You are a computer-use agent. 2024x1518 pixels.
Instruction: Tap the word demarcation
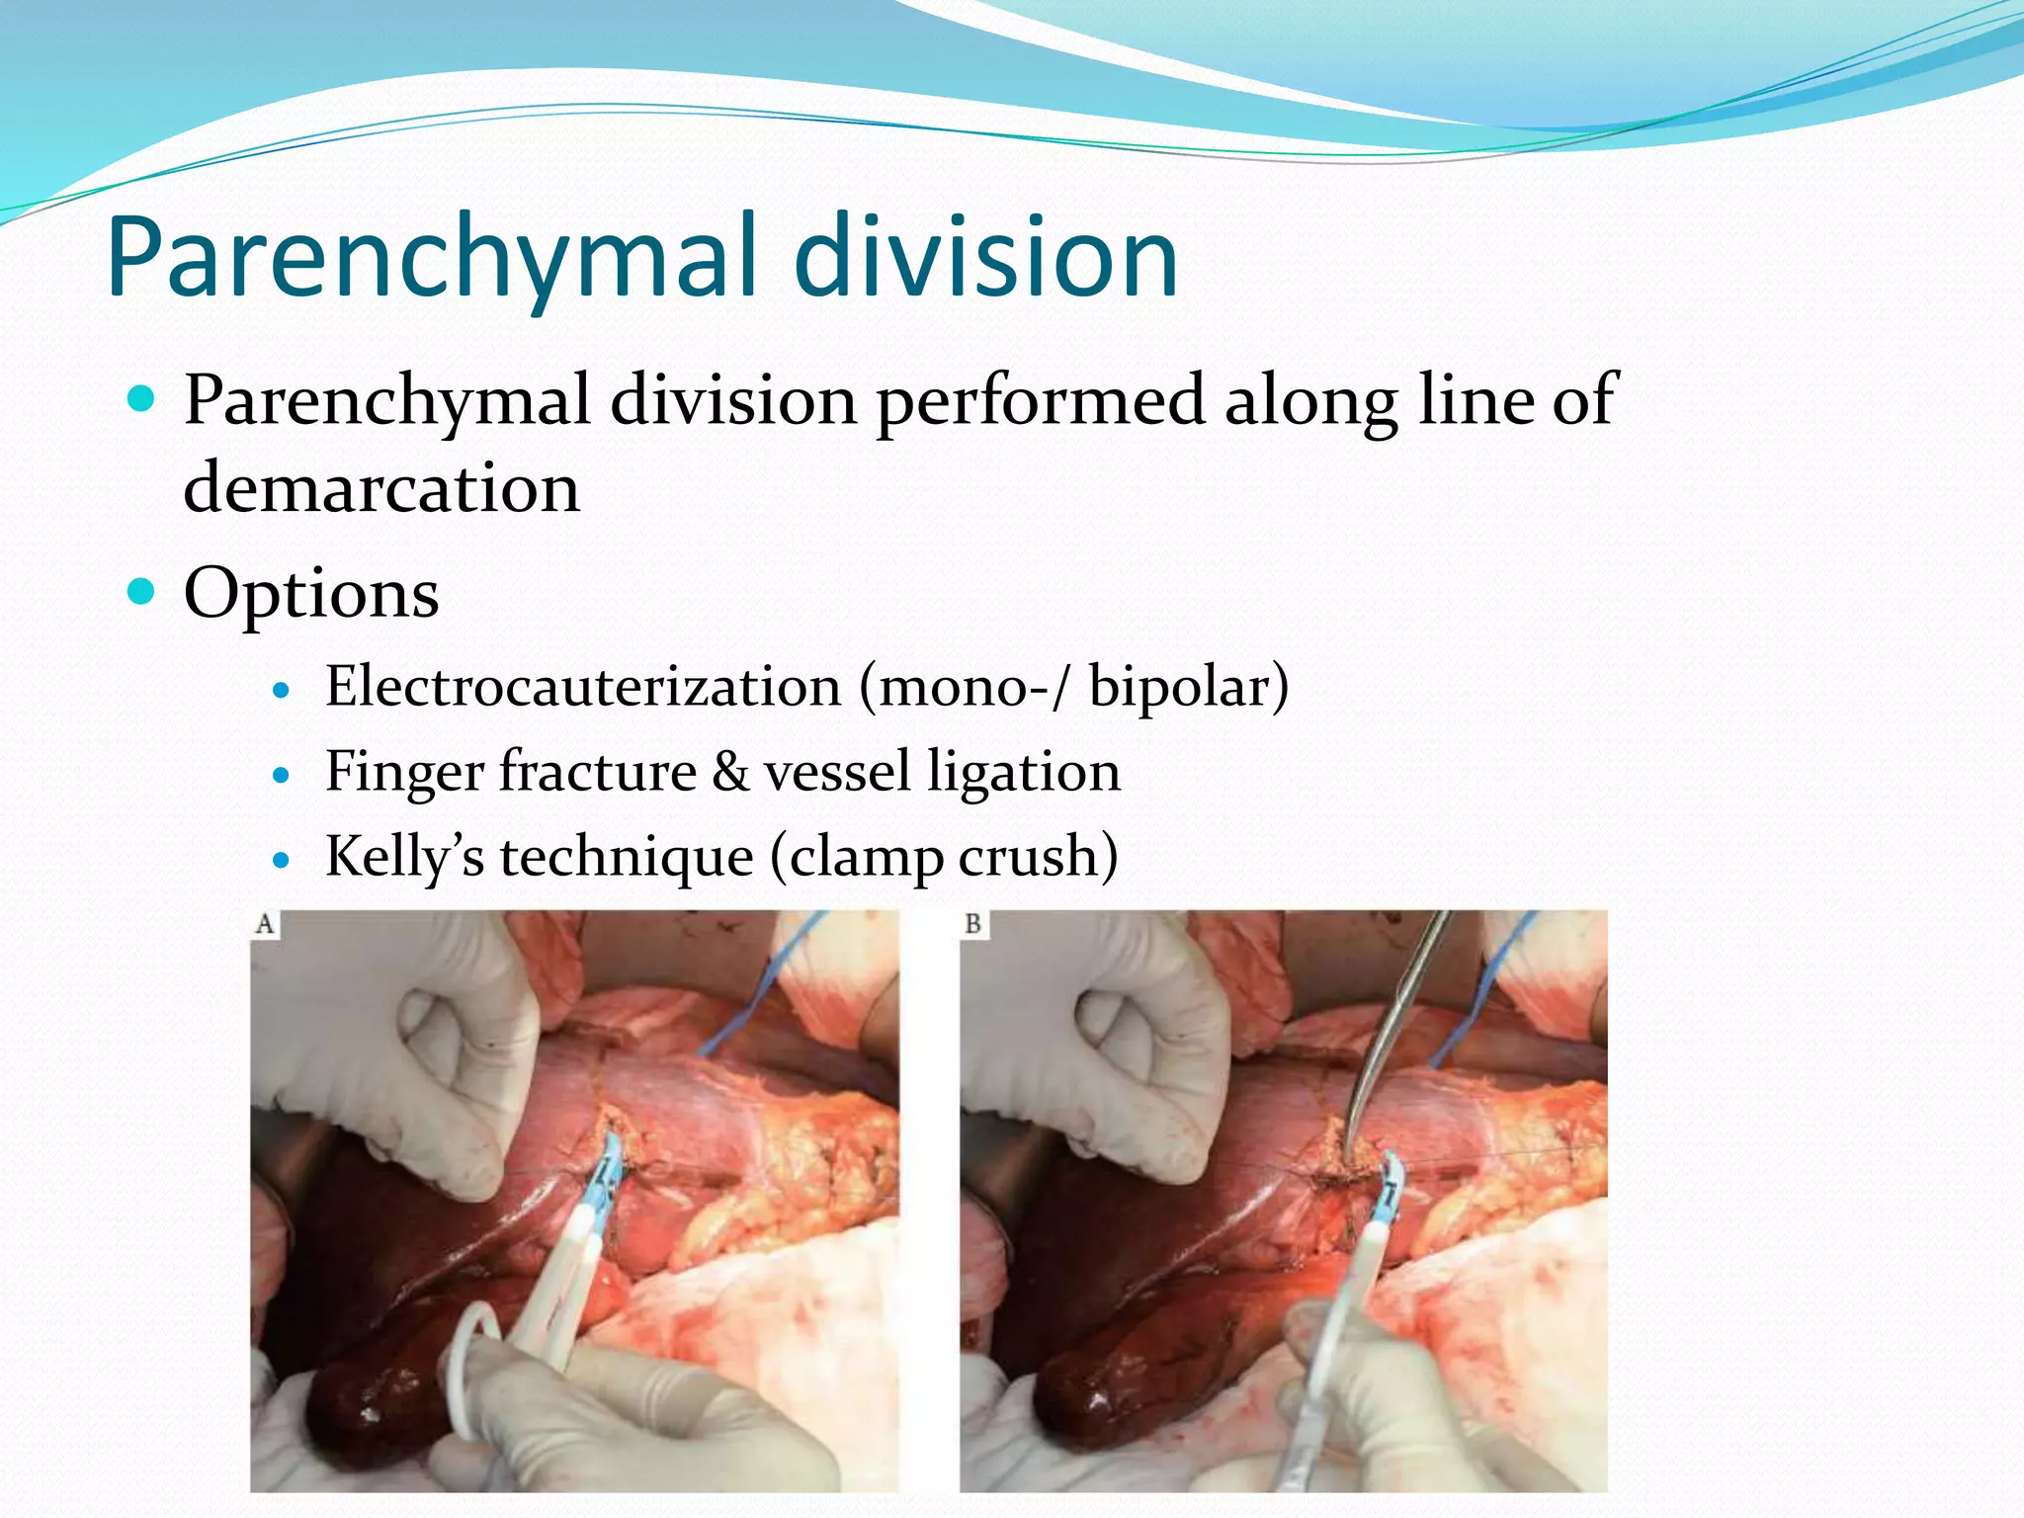(x=381, y=488)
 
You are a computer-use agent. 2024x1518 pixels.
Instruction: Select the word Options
(x=311, y=594)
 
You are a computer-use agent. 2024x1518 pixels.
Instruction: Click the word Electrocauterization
(x=583, y=687)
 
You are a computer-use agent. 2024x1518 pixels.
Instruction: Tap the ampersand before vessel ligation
(x=730, y=772)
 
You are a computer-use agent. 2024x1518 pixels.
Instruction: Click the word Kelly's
(x=405, y=856)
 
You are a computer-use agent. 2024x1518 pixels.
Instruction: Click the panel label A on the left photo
(x=265, y=924)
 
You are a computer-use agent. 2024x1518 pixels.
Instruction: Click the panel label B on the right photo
(x=973, y=924)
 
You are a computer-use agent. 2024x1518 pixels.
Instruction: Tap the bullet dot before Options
(x=142, y=592)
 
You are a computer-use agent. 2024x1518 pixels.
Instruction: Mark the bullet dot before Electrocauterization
(x=283, y=690)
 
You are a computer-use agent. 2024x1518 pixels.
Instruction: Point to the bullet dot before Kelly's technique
(x=283, y=860)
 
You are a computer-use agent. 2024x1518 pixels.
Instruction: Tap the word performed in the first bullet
(x=1040, y=401)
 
